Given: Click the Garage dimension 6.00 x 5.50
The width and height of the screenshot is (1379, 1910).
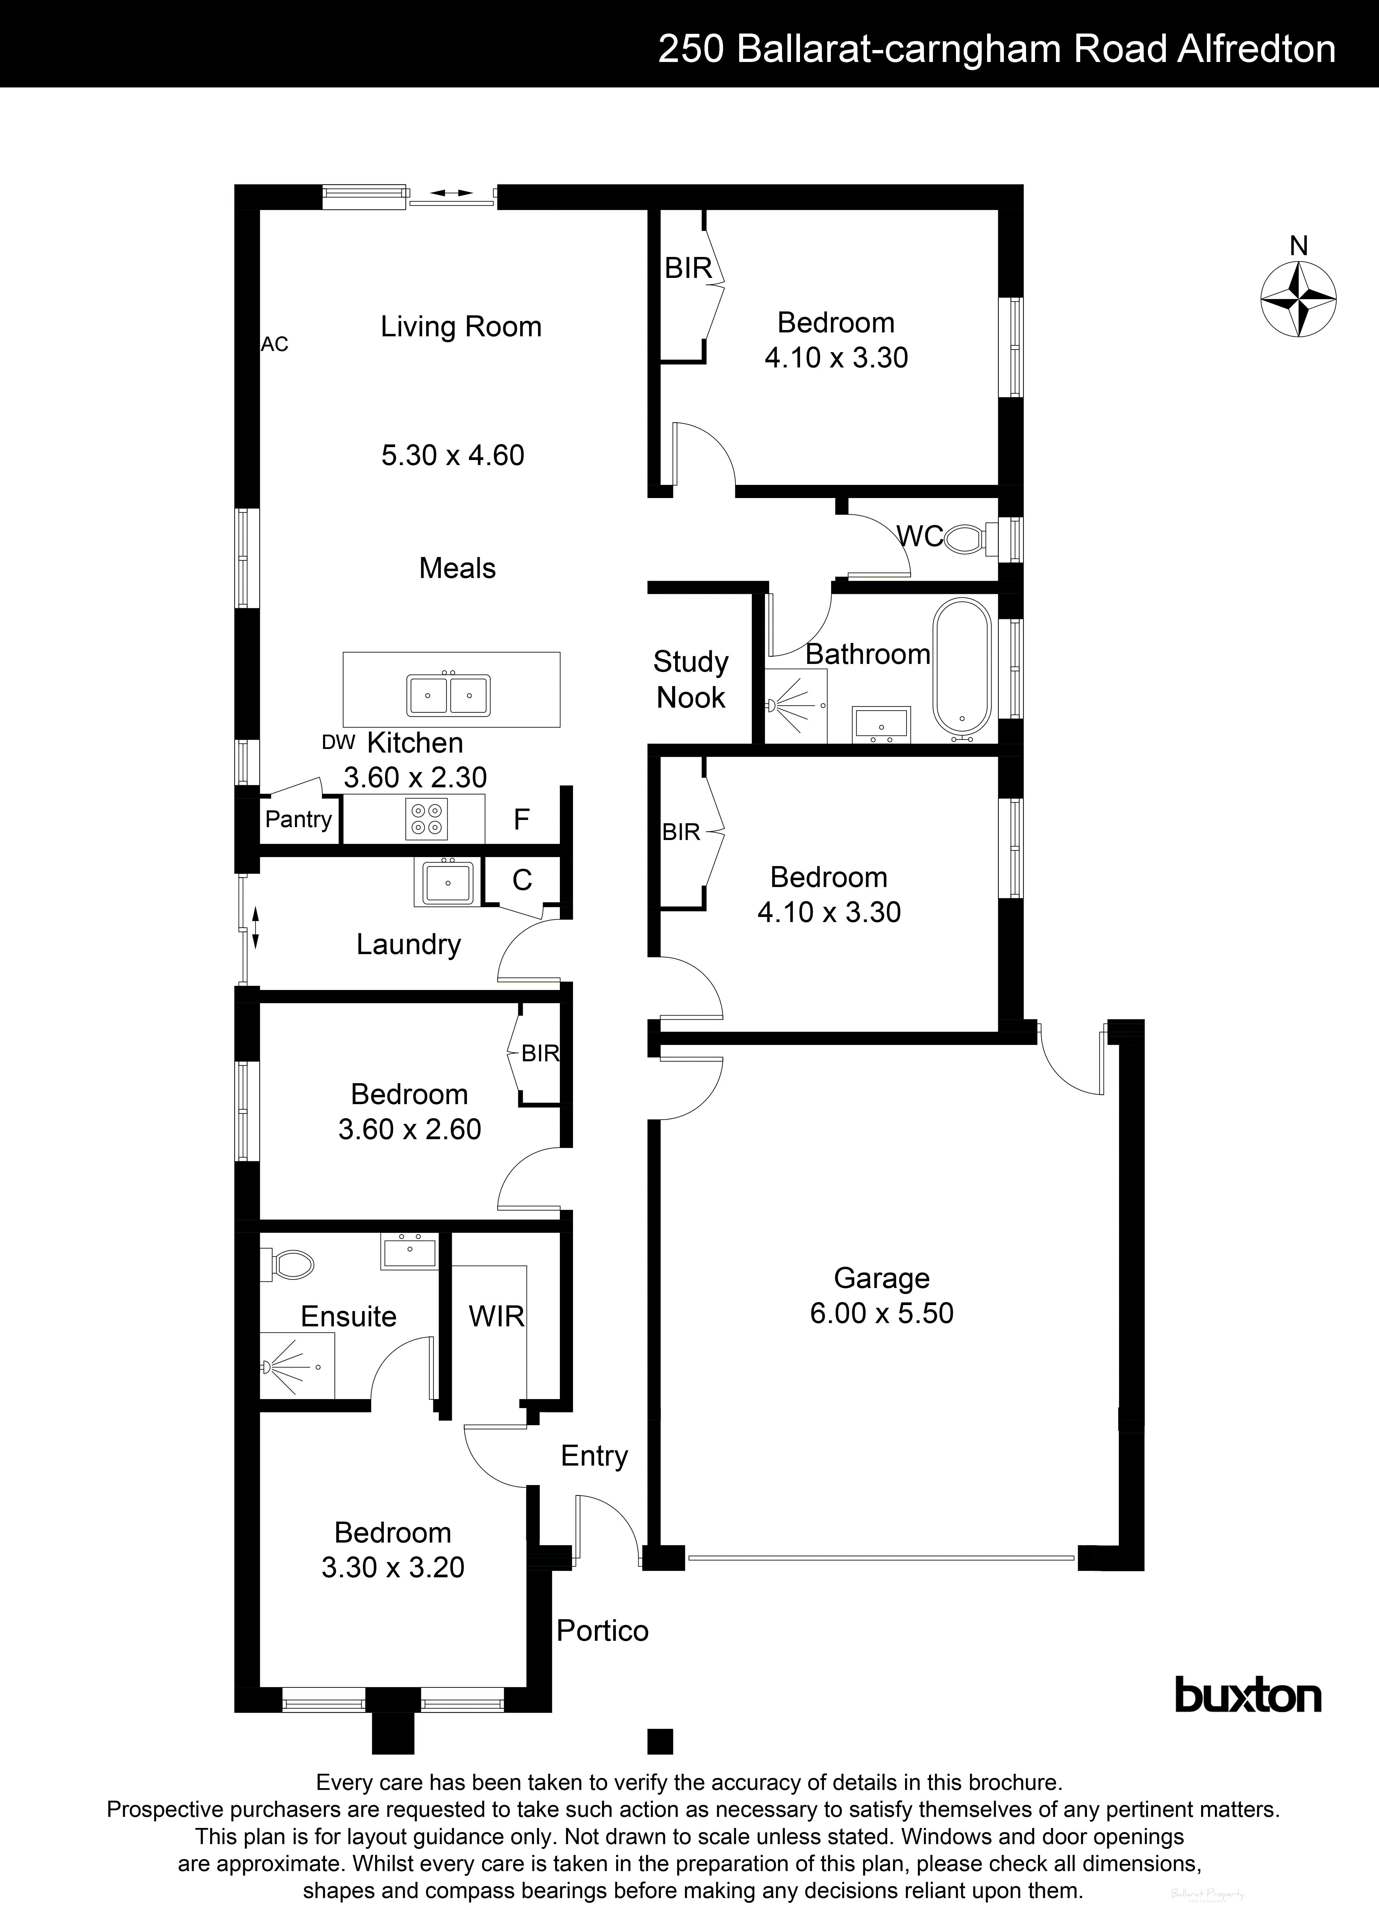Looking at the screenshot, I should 881,1313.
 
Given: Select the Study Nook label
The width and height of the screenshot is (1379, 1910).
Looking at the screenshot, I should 690,679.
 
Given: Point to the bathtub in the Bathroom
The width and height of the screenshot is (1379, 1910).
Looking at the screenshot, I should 961,665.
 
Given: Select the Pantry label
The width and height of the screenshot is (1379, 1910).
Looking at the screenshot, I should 298,819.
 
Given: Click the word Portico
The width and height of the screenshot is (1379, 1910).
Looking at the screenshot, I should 602,1631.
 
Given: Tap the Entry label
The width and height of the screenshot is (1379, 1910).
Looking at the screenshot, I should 594,1456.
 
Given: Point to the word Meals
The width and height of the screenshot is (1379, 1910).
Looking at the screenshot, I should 457,568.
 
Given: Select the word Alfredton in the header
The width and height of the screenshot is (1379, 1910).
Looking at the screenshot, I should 1256,50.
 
